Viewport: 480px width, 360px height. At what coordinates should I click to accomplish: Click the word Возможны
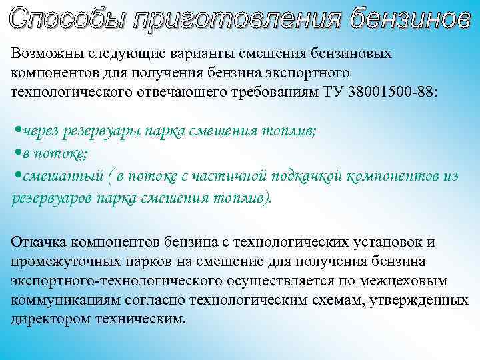coord(43,53)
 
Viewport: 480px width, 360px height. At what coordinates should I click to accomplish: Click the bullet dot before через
coord(16,131)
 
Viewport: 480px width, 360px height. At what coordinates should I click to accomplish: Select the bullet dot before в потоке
coord(16,154)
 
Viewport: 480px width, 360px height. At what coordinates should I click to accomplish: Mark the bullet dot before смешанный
coord(16,176)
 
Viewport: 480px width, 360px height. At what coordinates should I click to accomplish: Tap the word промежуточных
coord(63,262)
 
